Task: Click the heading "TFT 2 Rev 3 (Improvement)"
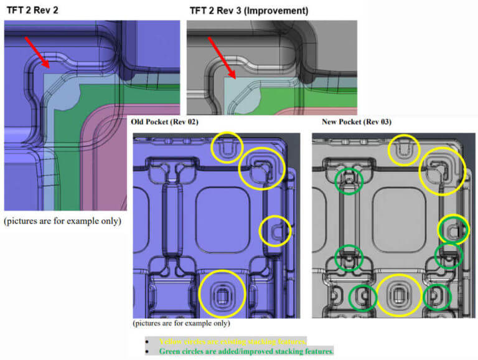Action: (x=248, y=10)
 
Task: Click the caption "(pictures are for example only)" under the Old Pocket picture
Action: (x=181, y=324)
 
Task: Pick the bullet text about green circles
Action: (x=246, y=352)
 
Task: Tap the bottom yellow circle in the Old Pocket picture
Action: (x=222, y=293)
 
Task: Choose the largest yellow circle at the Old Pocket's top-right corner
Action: (x=262, y=169)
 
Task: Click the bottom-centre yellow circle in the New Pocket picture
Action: (x=398, y=295)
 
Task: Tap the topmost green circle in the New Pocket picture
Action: (x=349, y=180)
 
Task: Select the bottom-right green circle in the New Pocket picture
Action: (x=437, y=298)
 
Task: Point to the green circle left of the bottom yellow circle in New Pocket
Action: (x=363, y=298)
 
